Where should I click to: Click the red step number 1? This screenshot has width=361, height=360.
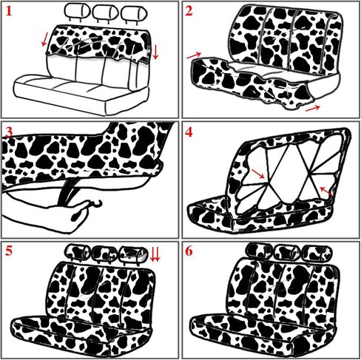click(x=9, y=12)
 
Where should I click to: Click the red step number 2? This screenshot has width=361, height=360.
click(x=189, y=12)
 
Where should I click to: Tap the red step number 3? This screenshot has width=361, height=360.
click(x=9, y=133)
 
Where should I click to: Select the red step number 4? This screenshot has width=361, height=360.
click(x=189, y=133)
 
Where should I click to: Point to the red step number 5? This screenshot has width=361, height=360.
click(x=9, y=251)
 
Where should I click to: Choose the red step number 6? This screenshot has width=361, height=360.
click(x=189, y=251)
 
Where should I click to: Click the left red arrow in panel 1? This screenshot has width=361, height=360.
click(x=44, y=40)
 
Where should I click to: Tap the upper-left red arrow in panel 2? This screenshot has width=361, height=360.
click(x=194, y=55)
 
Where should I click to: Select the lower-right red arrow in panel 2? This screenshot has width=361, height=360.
click(x=313, y=108)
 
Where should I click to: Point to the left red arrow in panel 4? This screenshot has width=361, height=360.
click(x=258, y=174)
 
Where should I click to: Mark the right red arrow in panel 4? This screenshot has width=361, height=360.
click(x=326, y=191)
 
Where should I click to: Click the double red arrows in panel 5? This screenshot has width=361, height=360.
click(x=155, y=255)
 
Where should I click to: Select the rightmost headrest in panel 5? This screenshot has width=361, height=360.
click(x=133, y=254)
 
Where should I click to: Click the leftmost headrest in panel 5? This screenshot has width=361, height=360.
click(x=77, y=252)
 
